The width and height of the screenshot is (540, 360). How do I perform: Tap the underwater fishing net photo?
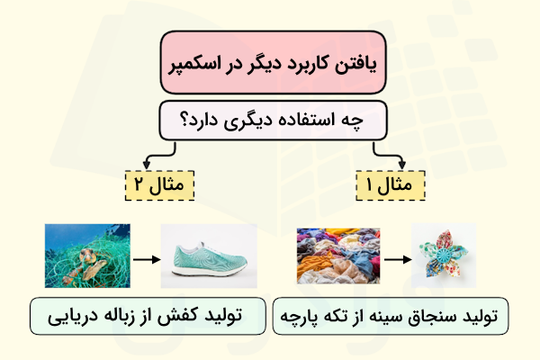(x=83, y=256)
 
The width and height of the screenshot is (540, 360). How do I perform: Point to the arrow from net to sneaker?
(x=142, y=256)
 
